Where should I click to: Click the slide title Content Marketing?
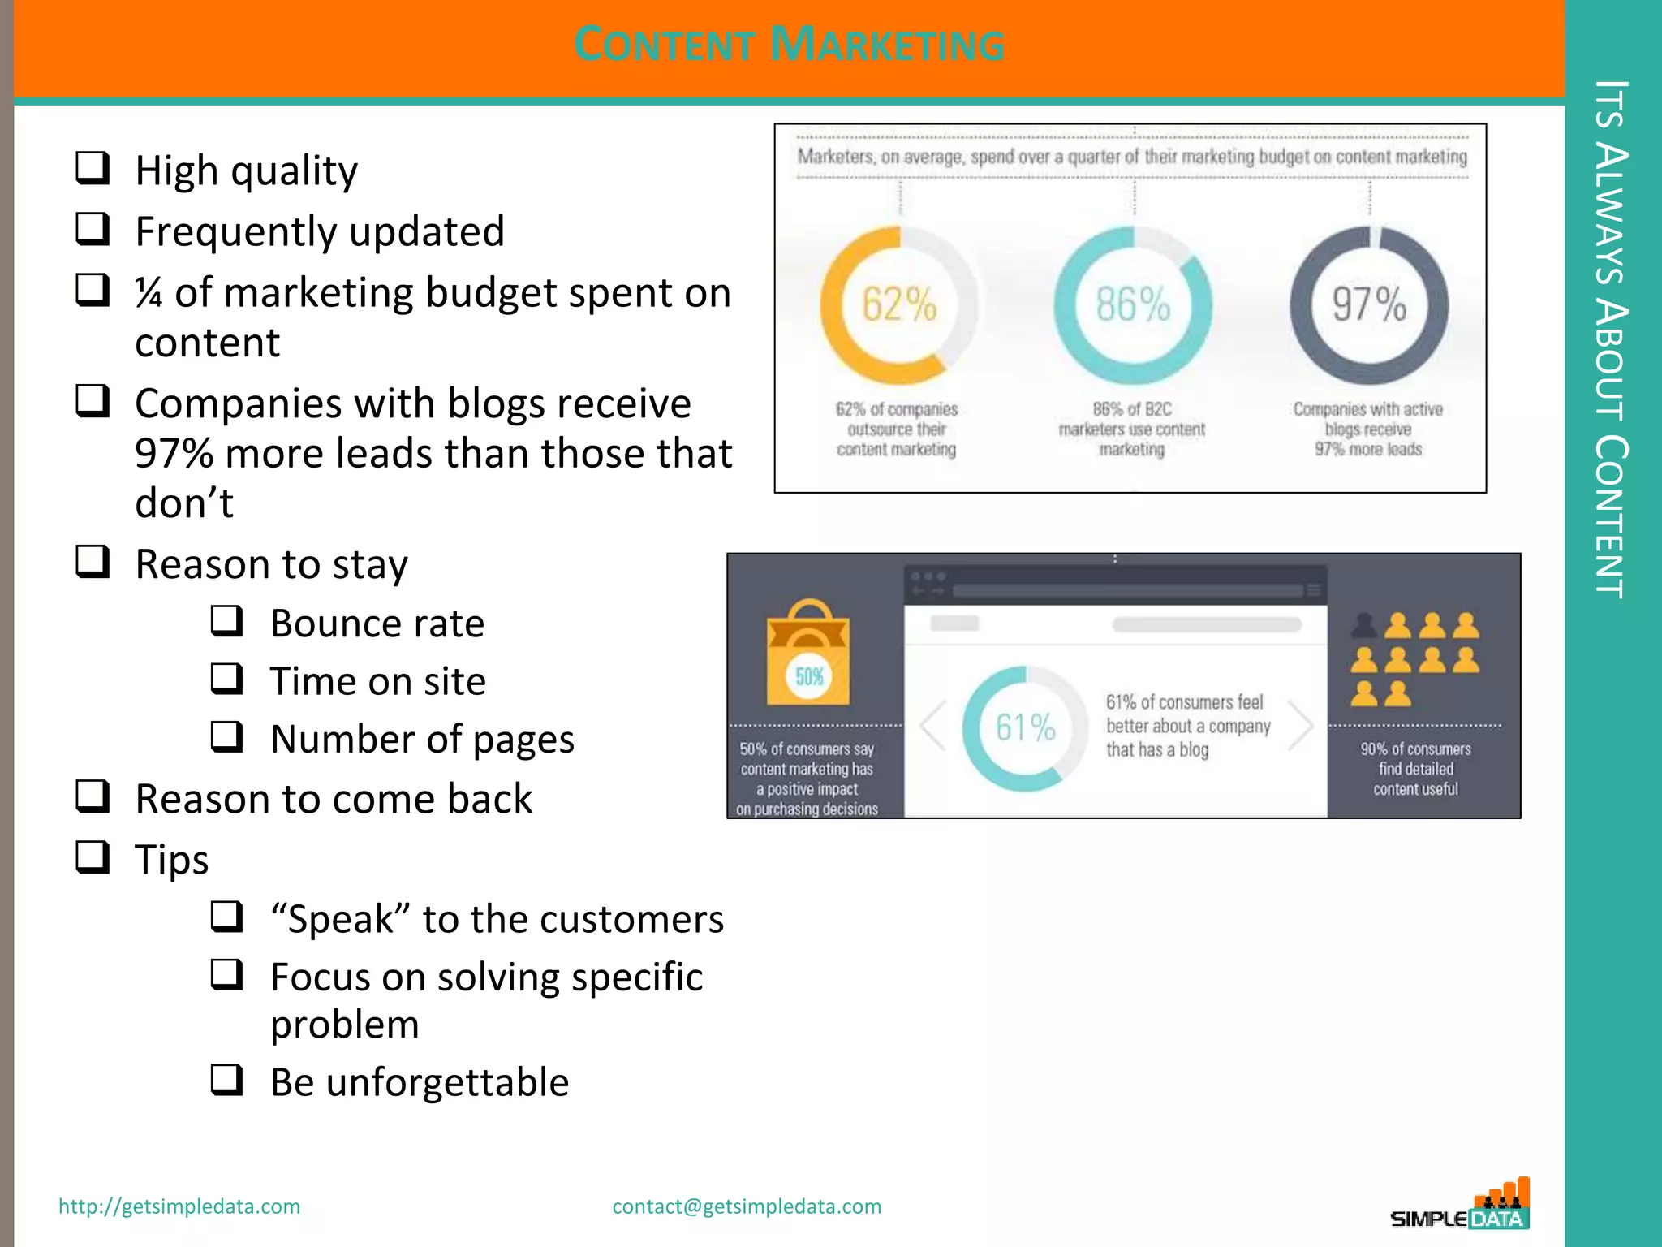pyautogui.click(x=789, y=44)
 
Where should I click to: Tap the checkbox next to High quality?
pyautogui.click(x=93, y=168)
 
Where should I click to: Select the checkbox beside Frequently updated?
pyautogui.click(x=93, y=229)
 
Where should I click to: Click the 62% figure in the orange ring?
pyautogui.click(x=899, y=305)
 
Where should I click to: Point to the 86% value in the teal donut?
pyautogui.click(x=1133, y=305)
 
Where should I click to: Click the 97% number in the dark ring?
pyautogui.click(x=1369, y=305)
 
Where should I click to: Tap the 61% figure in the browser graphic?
pyautogui.click(x=1026, y=727)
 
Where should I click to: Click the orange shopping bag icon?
pyautogui.click(x=808, y=654)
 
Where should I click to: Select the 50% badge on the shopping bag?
pyautogui.click(x=809, y=676)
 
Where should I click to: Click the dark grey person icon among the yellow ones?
pyautogui.click(x=1364, y=625)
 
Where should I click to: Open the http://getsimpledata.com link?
pyautogui.click(x=179, y=1206)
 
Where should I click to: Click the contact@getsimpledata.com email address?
pyautogui.click(x=747, y=1206)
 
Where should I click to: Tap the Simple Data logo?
pyautogui.click(x=1461, y=1206)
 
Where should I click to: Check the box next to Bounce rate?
pyautogui.click(x=226, y=621)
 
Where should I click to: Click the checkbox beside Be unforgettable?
pyautogui.click(x=226, y=1080)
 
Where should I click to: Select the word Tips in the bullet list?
pyautogui.click(x=172, y=860)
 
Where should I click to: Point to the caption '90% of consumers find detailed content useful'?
pyautogui.click(x=1415, y=769)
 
